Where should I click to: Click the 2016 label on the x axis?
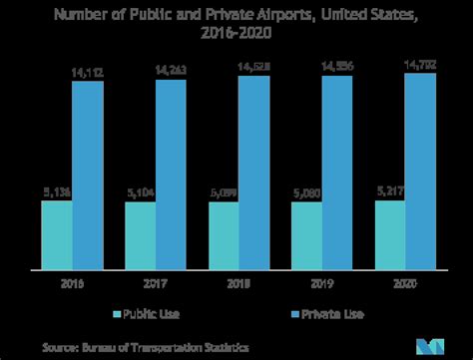pyautogui.click(x=72, y=282)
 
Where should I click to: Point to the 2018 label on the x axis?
pyautogui.click(x=238, y=282)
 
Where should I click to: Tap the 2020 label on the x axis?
pyautogui.click(x=404, y=282)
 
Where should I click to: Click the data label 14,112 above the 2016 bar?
pyautogui.click(x=88, y=70)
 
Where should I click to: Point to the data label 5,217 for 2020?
pyautogui.click(x=389, y=189)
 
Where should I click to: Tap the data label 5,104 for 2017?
pyautogui.click(x=140, y=192)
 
